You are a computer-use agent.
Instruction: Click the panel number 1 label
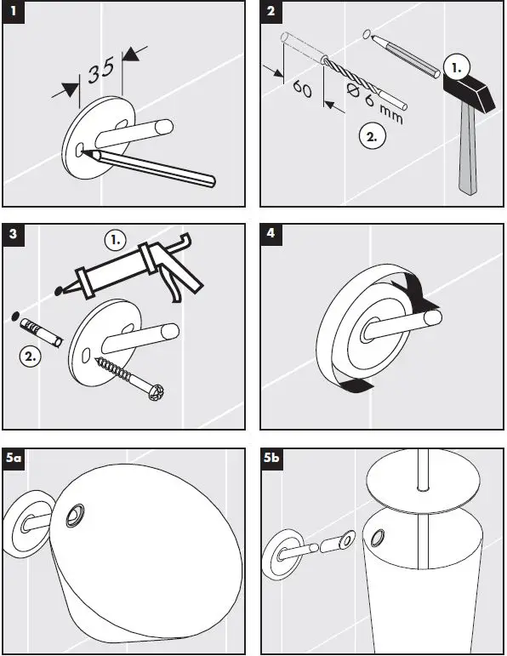tap(14, 11)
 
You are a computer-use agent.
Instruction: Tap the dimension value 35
tap(101, 71)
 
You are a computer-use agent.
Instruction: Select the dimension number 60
tap(302, 88)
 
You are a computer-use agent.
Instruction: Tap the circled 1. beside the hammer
tap(456, 67)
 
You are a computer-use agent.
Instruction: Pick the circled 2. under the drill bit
tap(372, 136)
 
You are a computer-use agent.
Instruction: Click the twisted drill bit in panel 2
tap(352, 76)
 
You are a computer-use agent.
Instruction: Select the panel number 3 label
tap(14, 234)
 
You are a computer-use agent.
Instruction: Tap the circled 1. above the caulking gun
tap(116, 240)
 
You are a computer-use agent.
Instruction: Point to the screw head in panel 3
tap(157, 391)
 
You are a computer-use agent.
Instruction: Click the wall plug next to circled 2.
tap(42, 331)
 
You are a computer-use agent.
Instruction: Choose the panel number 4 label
tap(271, 234)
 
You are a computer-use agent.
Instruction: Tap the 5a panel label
tap(14, 459)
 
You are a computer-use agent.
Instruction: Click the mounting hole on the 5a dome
tap(76, 516)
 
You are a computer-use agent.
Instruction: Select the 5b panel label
tap(271, 459)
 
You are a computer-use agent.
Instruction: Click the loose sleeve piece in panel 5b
tap(338, 542)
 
